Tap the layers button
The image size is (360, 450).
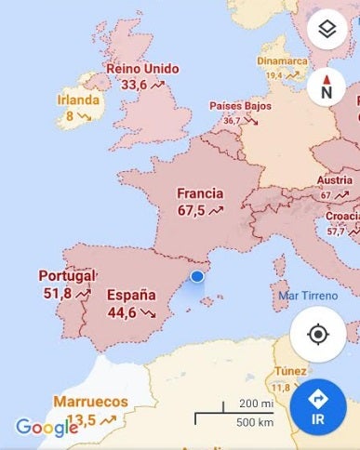coord(327,31)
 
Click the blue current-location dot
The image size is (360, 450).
coord(197,276)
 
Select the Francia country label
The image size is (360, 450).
coord(200,194)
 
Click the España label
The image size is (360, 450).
coord(131,296)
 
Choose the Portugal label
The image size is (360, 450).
coord(67,276)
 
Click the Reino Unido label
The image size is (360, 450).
coord(142,68)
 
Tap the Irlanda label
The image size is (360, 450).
coord(78,100)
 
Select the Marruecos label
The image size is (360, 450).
coord(90,402)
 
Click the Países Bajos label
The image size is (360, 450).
coord(240,106)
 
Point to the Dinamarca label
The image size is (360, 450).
coord(282,62)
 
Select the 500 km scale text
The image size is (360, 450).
coord(255,423)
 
